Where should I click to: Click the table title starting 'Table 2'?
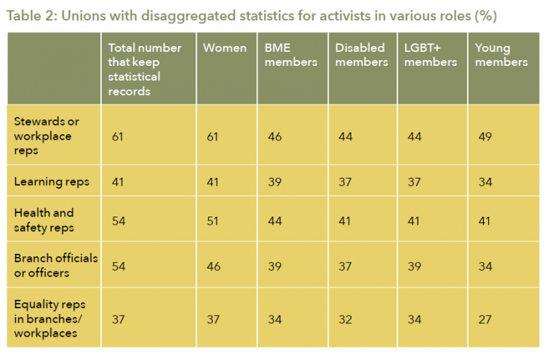(252, 16)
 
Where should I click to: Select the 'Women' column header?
(225, 48)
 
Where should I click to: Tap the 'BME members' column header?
(291, 55)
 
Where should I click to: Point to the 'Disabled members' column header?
(362, 55)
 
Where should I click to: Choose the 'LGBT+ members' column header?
(430, 55)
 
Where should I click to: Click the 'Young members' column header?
(501, 55)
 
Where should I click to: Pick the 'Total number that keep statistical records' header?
(145, 70)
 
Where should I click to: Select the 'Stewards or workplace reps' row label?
(47, 136)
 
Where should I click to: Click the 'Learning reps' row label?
(52, 182)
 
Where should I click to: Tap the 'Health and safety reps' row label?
(44, 220)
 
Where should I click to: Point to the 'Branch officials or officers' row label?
(56, 266)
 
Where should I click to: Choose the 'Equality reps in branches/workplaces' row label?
(50, 319)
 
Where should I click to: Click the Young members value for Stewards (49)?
(485, 136)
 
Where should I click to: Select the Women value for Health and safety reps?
(212, 221)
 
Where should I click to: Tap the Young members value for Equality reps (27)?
(485, 320)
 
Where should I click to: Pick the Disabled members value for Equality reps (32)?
(346, 320)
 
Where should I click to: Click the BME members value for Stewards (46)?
(274, 136)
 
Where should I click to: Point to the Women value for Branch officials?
(214, 266)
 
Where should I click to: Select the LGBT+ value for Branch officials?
(414, 266)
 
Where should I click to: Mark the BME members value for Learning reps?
(274, 182)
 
